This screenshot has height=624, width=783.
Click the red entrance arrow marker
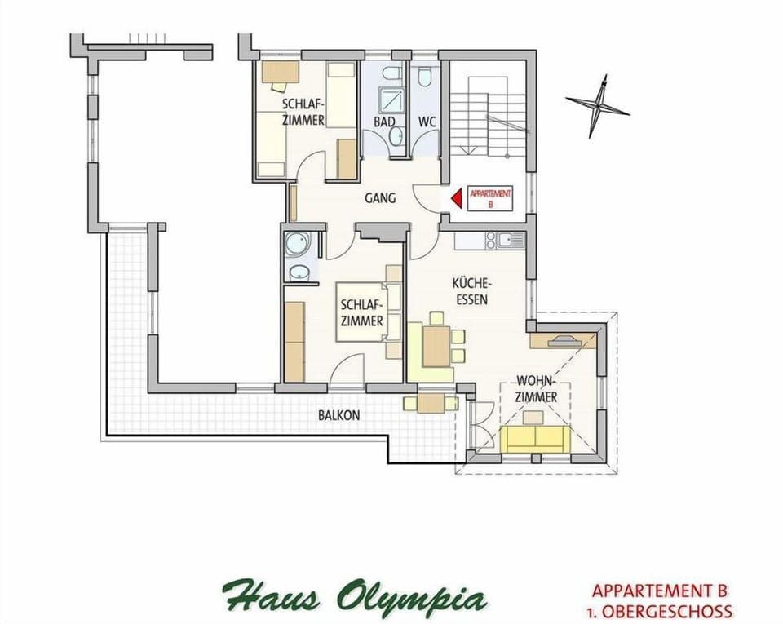click(456, 197)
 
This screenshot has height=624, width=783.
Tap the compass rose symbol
click(598, 105)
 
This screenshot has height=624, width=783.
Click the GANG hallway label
click(380, 197)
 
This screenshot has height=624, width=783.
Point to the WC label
click(427, 122)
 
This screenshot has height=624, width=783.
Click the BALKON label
click(338, 415)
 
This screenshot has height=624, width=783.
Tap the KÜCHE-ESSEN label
click(471, 290)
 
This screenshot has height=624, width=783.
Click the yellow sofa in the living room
click(534, 439)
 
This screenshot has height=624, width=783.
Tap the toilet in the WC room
click(425, 78)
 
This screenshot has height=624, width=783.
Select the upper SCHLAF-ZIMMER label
click(303, 113)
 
